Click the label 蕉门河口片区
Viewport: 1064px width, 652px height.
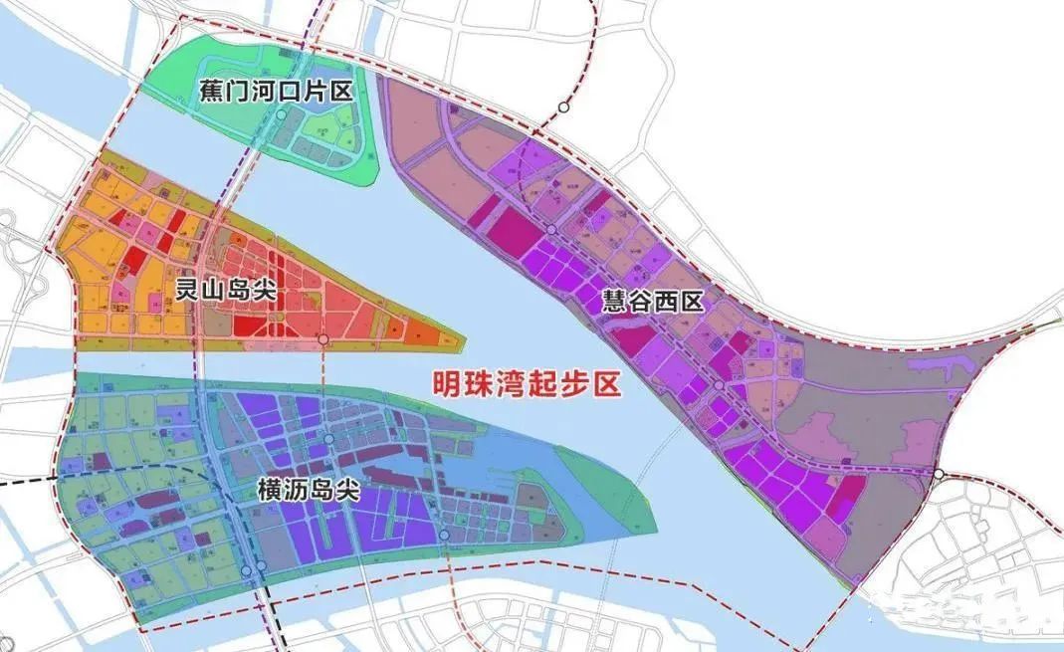click(271, 92)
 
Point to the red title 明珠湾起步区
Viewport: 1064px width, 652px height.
click(523, 383)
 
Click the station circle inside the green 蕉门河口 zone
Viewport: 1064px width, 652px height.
click(282, 115)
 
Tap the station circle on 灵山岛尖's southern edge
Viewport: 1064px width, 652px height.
click(323, 340)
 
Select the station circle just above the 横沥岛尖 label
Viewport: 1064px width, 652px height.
click(328, 439)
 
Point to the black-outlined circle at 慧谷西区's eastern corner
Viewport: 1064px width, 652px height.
click(939, 475)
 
